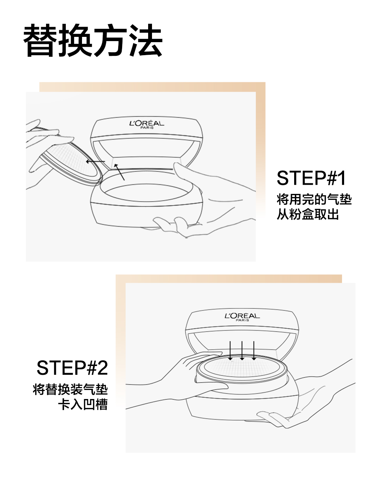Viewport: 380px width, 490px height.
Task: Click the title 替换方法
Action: pos(93,41)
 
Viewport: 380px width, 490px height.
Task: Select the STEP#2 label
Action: pos(72,368)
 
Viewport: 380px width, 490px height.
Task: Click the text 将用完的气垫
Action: pos(314,200)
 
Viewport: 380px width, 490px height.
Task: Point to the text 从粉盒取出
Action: pos(308,214)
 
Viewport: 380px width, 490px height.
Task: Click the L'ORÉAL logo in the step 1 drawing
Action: pos(147,124)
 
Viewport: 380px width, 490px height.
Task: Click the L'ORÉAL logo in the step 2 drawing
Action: pos(242,316)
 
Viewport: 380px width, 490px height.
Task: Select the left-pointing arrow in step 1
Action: pos(95,162)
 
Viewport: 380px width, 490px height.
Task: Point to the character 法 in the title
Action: pos(146,41)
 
